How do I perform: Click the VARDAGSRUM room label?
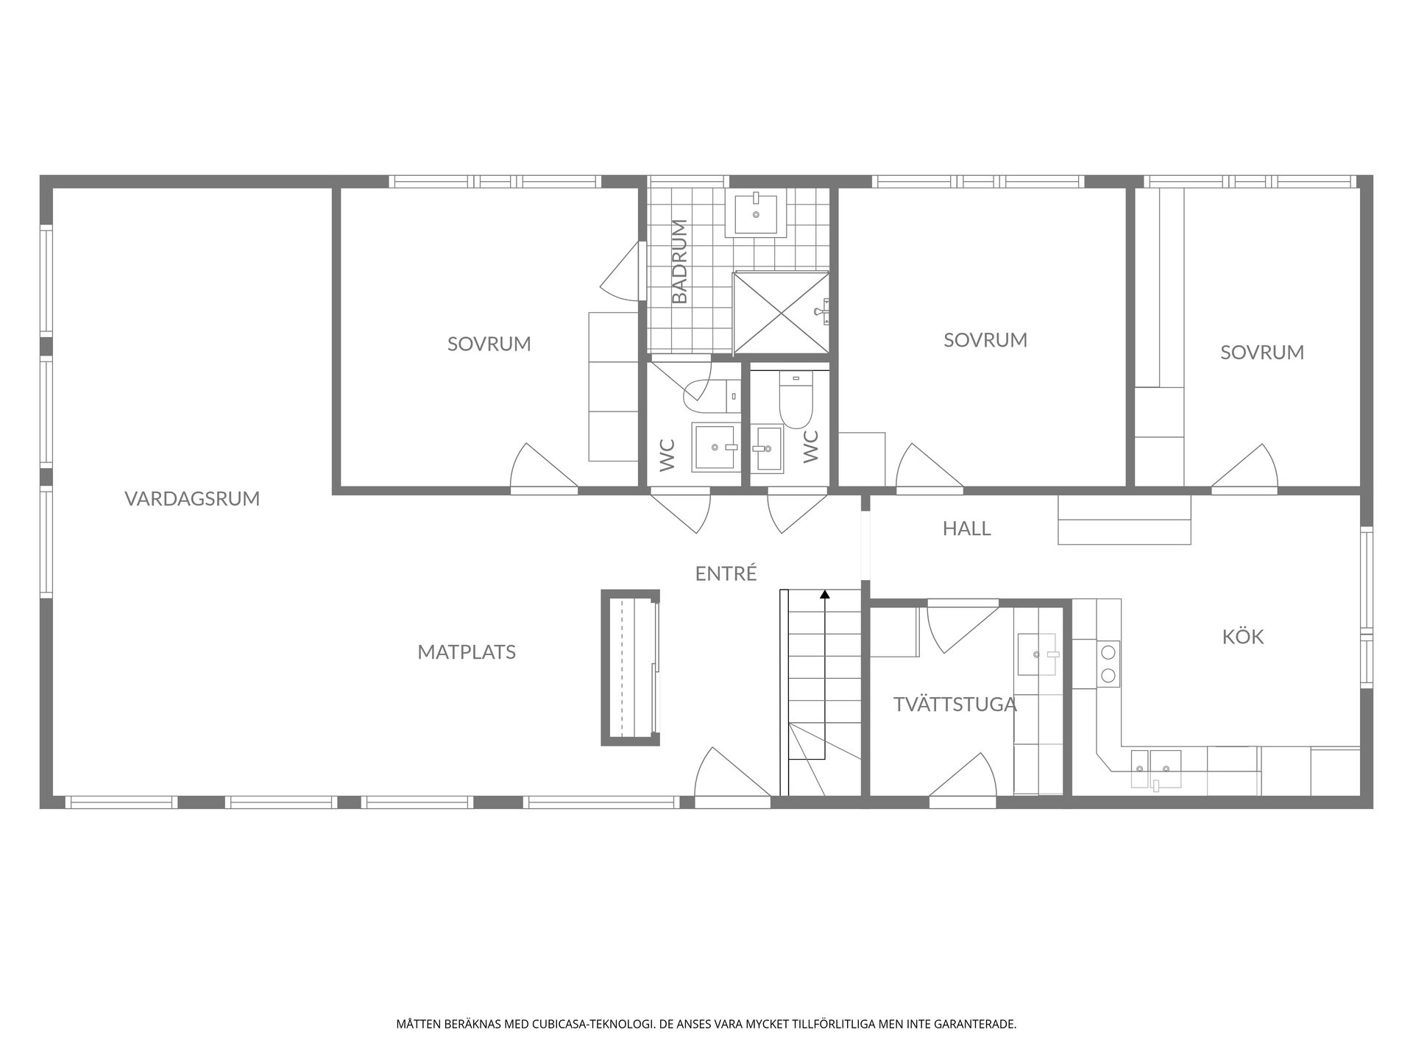pos(192,498)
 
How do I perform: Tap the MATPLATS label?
pos(467,652)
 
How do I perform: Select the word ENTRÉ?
pos(726,573)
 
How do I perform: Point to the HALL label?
pos(966,529)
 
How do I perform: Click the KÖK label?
pos(1242,637)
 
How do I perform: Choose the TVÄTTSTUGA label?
pos(955,704)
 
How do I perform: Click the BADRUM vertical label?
pos(680,261)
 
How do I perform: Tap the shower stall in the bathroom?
pos(781,313)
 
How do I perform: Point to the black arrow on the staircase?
pos(825,595)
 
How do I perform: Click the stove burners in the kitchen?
pos(1108,662)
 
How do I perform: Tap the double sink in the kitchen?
pos(1155,768)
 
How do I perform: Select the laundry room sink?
pos(1038,654)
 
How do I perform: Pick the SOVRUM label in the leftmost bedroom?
pos(489,344)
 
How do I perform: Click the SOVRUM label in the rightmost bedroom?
pos(1261,353)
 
